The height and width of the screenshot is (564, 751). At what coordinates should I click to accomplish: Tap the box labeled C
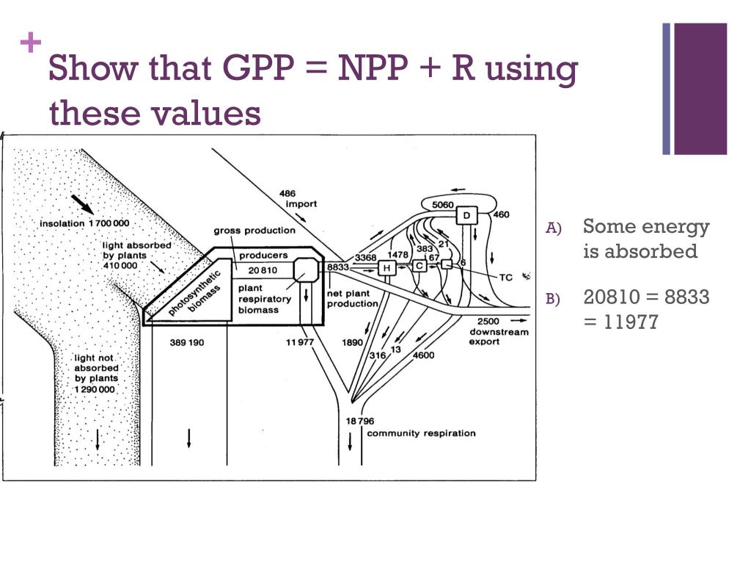point(420,267)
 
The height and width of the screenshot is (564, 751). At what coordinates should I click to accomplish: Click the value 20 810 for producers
point(263,270)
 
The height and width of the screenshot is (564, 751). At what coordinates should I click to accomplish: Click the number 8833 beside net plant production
point(338,267)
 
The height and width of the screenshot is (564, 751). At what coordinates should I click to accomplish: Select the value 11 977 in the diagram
point(300,341)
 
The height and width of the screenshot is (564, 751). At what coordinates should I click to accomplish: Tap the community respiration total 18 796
point(360,421)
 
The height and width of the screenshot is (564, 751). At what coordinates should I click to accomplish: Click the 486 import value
point(287,194)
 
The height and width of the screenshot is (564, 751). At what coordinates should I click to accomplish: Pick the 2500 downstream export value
point(488,322)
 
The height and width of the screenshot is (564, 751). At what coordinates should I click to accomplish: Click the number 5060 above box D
point(443,205)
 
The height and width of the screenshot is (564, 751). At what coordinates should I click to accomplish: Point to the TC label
point(506,278)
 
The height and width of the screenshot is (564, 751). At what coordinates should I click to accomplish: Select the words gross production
point(254,231)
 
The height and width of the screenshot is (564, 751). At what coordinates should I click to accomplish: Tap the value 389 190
point(187,342)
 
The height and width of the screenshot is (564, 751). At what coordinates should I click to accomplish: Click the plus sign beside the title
point(31,44)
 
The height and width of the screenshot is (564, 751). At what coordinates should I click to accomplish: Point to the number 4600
point(425,355)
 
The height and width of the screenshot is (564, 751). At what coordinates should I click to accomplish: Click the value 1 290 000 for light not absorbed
point(95,388)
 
